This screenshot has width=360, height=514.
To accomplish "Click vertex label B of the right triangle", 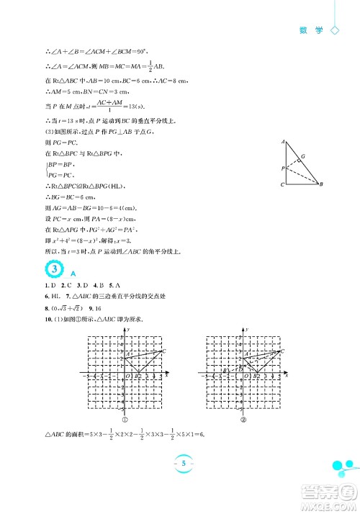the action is pos(320,185).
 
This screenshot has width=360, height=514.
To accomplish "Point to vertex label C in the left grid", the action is pos(164,351).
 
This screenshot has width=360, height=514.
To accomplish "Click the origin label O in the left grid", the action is pos(127,376).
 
